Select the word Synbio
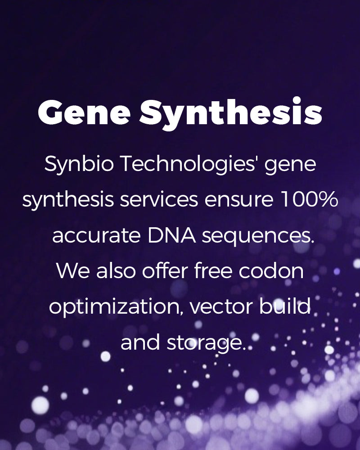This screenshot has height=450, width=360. pyautogui.click(x=79, y=164)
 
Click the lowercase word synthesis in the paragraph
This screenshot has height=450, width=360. pyautogui.click(x=68, y=200)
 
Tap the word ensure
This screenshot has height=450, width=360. pyautogui.click(x=239, y=200)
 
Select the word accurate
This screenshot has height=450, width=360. pyautogui.click(x=96, y=236)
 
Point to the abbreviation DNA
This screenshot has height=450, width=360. pyautogui.click(x=171, y=235)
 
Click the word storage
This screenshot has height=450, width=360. pyautogui.click(x=206, y=343)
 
